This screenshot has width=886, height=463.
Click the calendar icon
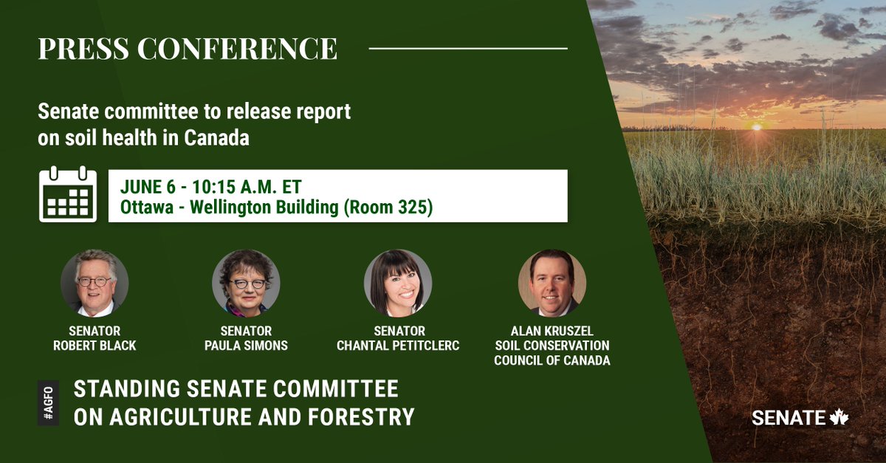pyautogui.click(x=68, y=194)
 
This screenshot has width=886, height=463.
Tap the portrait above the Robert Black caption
pyautogui.click(x=95, y=284)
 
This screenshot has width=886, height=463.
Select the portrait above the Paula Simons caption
pyautogui.click(x=246, y=284)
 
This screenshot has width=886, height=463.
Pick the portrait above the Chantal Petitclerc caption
pyautogui.click(x=398, y=284)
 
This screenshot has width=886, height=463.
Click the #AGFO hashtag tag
pyautogui.click(x=48, y=402)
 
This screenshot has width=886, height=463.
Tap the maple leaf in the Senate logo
pyautogui.click(x=839, y=417)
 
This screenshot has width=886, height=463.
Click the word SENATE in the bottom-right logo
pyautogui.click(x=789, y=418)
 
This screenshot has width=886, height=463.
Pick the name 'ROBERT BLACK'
pyautogui.click(x=95, y=346)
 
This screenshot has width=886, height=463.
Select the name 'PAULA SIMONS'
pyautogui.click(x=246, y=346)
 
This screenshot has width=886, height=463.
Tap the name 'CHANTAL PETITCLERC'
pyautogui.click(x=398, y=346)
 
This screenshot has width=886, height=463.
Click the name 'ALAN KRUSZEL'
pyautogui.click(x=552, y=331)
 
